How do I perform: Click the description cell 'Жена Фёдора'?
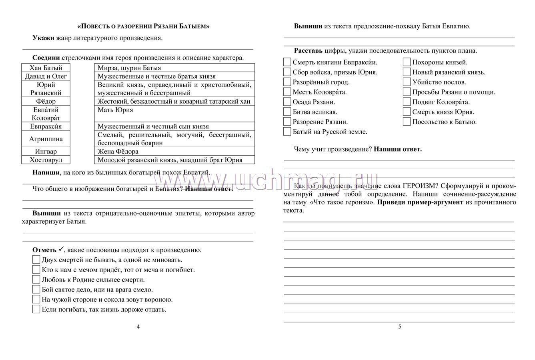pos(174,152)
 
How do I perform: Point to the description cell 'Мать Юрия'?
pos(174,114)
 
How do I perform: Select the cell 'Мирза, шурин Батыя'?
pos(174,68)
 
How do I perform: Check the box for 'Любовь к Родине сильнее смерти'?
pos(36,279)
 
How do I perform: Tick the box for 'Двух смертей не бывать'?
pos(36,260)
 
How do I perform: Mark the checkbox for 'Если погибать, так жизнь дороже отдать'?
pos(36,309)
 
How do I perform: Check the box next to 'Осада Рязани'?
pos(287,102)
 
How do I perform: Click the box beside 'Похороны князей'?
pos(407,62)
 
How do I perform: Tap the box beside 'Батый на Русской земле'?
pos(287,132)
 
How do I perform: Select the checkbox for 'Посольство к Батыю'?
pos(407,122)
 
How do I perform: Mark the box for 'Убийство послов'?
pos(407,82)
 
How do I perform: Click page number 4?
pos(138,327)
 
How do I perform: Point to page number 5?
pos(399,327)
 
